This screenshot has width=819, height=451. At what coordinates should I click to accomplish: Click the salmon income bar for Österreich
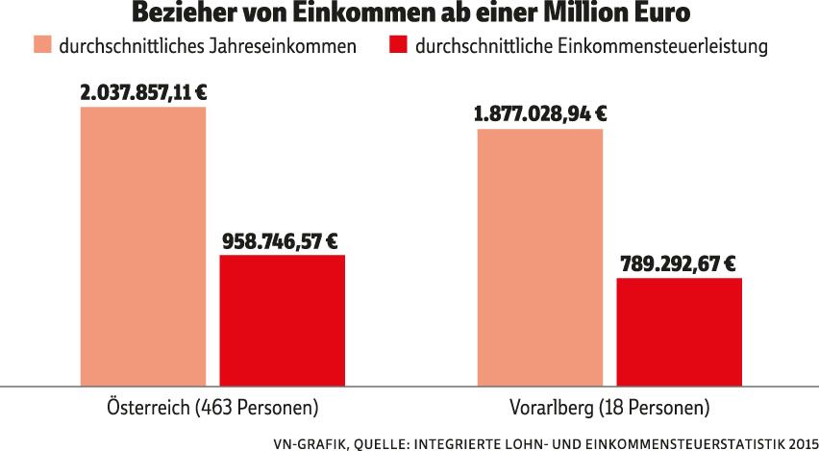(x=143, y=246)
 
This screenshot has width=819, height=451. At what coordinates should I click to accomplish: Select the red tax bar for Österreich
(x=282, y=320)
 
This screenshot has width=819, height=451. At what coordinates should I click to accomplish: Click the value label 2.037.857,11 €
(x=144, y=92)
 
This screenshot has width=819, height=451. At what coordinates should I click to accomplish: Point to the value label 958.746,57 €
(x=282, y=240)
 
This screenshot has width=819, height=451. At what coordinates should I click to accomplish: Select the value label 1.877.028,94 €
(x=540, y=113)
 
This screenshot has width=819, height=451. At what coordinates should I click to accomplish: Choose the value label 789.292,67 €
(x=678, y=263)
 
